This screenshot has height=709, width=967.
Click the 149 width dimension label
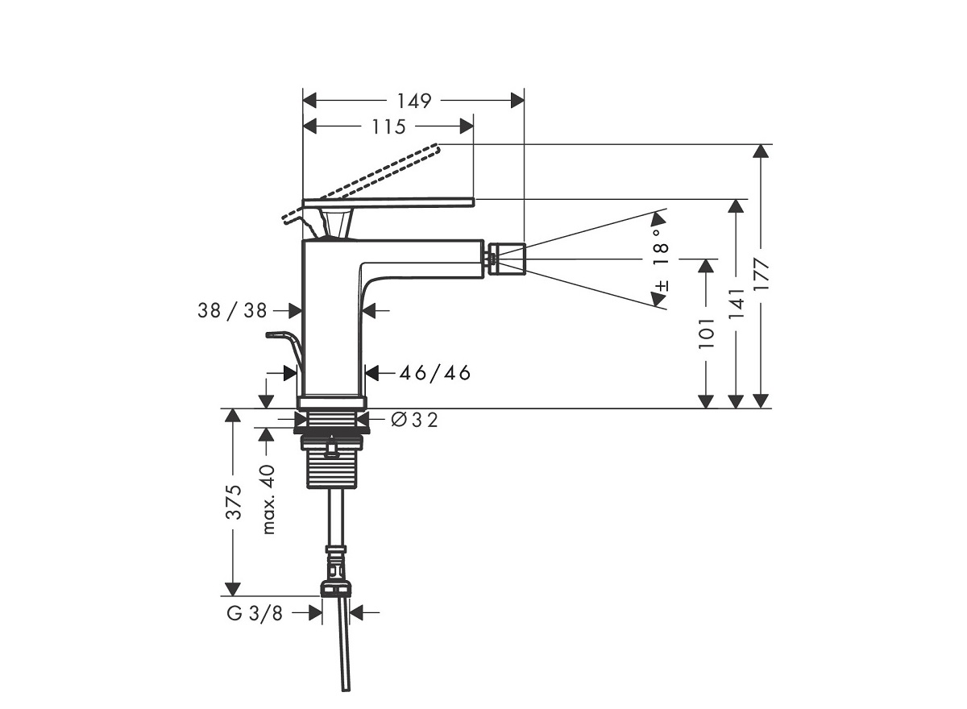(x=413, y=101)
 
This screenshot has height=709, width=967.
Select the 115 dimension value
(x=388, y=126)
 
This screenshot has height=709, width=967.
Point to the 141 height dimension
(x=736, y=304)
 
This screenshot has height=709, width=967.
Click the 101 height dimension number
(x=707, y=333)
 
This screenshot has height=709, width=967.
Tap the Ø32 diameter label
(x=414, y=420)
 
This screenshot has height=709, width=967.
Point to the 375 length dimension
(x=233, y=503)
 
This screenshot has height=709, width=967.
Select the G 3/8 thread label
(x=255, y=613)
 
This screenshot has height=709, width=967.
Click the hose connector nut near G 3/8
(x=336, y=587)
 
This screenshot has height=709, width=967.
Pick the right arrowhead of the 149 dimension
(x=517, y=101)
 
